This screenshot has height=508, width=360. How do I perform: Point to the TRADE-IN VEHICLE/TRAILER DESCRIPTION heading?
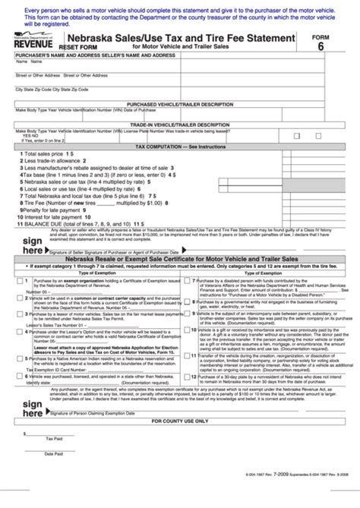(180, 124)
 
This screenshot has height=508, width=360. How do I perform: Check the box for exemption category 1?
(18, 280)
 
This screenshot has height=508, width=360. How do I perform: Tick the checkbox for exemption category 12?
(186, 378)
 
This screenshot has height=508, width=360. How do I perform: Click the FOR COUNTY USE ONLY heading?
(180, 442)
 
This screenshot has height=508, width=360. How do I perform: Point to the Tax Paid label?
(54, 459)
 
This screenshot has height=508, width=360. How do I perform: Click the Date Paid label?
(54, 475)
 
